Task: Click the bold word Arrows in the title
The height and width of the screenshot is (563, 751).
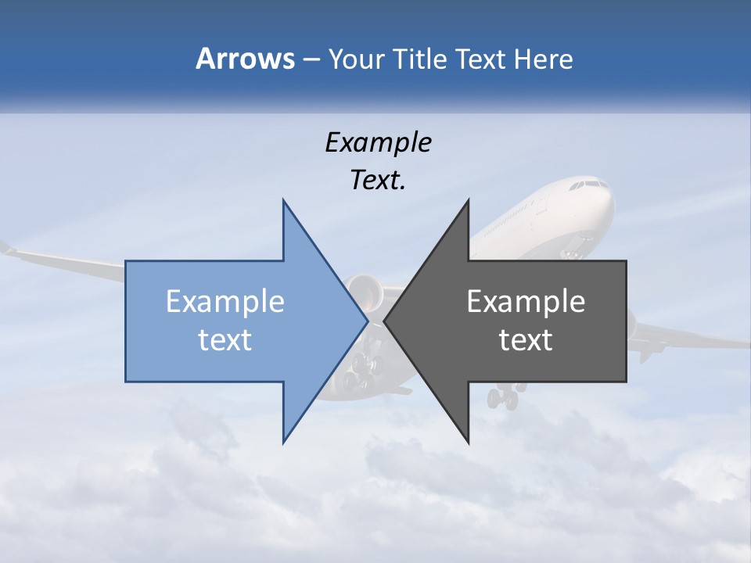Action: tap(245, 59)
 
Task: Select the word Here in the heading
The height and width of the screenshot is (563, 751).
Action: tap(543, 59)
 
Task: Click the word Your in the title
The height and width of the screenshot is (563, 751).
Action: tap(356, 59)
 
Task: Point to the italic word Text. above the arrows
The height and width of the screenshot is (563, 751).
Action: tap(378, 181)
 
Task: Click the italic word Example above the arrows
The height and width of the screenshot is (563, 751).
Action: tap(378, 142)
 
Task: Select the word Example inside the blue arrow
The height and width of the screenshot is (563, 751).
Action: tap(225, 302)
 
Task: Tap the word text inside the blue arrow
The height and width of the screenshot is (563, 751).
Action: tap(225, 340)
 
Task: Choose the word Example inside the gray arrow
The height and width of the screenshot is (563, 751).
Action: tap(526, 302)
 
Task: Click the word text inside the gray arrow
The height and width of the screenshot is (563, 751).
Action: tap(526, 340)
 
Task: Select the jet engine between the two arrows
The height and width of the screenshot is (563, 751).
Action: tap(365, 291)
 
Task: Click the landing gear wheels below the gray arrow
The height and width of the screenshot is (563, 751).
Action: tap(503, 398)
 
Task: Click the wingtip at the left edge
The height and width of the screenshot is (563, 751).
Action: tap(6, 249)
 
